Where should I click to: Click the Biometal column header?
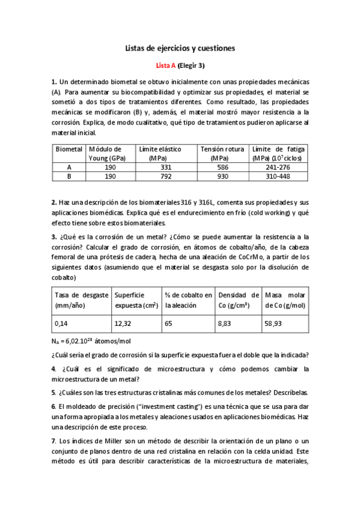69,149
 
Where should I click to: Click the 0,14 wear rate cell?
61,323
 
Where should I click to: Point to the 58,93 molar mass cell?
273,323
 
